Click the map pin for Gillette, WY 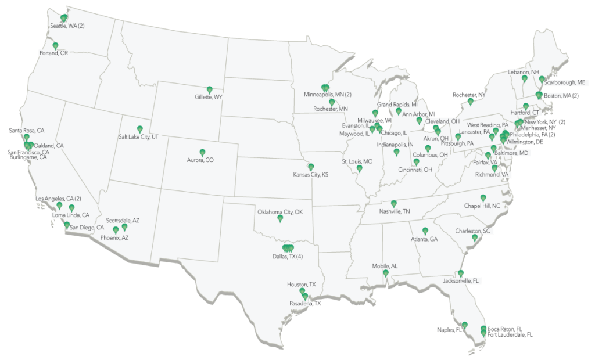(x=210, y=90)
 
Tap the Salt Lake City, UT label (x=139, y=135)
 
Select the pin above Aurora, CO (x=202, y=153)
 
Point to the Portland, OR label (x=53, y=53)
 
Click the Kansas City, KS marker (x=311, y=167)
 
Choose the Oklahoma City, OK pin (x=280, y=219)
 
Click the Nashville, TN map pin (x=394, y=204)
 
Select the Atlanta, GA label (x=425, y=239)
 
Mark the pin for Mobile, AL (x=385, y=273)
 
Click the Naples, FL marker (x=465, y=325)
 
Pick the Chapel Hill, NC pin (x=483, y=198)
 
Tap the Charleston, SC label (x=474, y=231)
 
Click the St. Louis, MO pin (x=360, y=168)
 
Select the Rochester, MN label (x=331, y=109)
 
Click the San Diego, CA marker (x=67, y=225)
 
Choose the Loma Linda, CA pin (x=72, y=208)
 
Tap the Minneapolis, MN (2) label (x=328, y=94)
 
